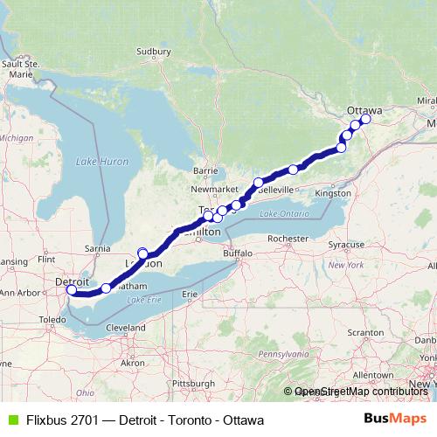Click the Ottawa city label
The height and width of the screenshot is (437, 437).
pos(364,109)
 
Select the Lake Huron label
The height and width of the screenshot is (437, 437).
pos(101,162)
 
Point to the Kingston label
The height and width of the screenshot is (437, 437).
pos(333,192)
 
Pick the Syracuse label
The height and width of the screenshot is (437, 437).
pos(347,245)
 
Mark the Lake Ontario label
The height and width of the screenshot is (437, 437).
pos(283,214)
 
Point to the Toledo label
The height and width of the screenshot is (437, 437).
pos(52,321)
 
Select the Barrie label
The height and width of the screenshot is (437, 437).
pos(205,170)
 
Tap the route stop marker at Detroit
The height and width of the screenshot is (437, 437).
pos(72,290)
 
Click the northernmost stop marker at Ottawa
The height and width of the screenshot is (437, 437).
pos(365,121)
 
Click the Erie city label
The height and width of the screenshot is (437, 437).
pos(190,295)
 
